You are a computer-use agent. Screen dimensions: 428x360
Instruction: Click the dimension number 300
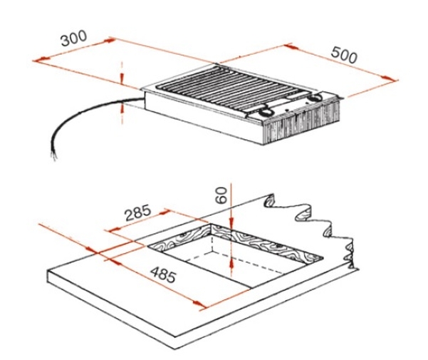tap(73, 38)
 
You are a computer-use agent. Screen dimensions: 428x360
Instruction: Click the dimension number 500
tap(344, 55)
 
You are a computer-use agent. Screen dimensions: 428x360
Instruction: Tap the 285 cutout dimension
tap(138, 212)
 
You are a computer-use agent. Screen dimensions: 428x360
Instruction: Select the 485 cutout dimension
tap(163, 274)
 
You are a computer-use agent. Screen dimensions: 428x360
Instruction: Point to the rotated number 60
tap(221, 195)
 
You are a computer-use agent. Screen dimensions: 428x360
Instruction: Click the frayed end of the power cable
tap(54, 157)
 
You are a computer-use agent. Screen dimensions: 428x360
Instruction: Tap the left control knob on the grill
tap(265, 112)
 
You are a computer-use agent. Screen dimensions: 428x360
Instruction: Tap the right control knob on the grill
tap(315, 98)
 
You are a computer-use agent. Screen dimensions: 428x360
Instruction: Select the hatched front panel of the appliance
tap(302, 122)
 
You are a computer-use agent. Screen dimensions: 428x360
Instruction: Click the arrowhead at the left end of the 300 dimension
tap(40, 60)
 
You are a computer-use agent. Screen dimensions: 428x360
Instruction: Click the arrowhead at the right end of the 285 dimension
tap(165, 212)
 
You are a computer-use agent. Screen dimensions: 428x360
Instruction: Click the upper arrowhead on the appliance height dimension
tap(122, 78)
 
